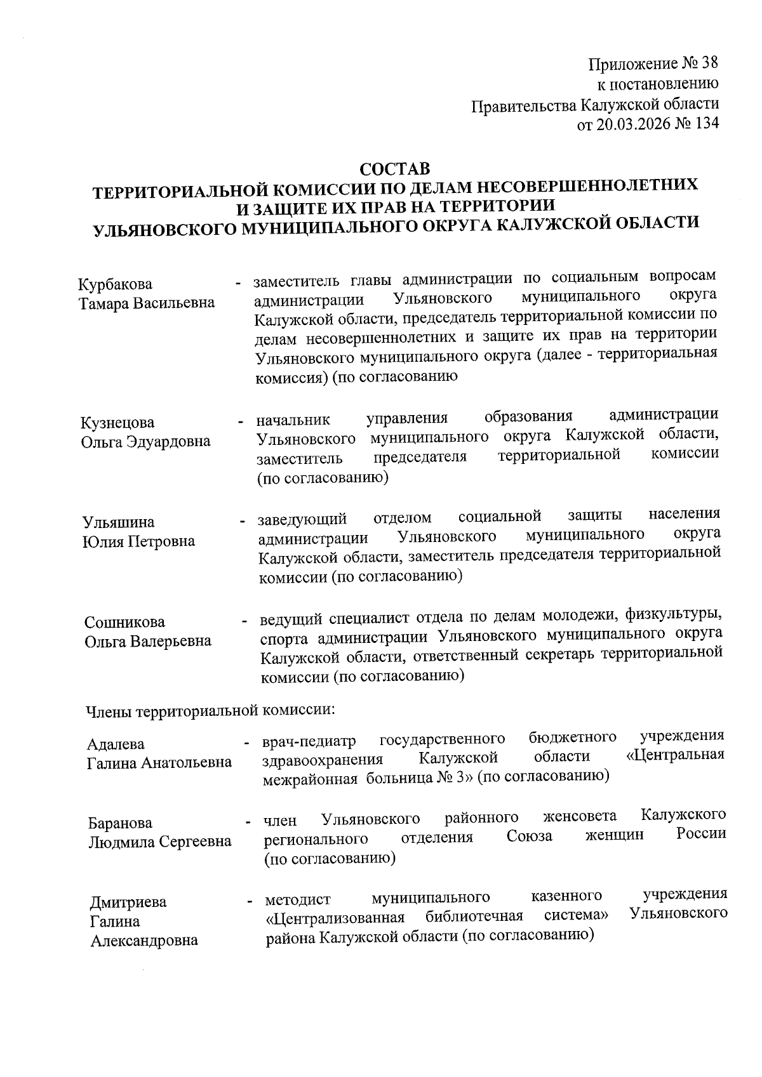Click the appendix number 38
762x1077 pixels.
tap(709, 63)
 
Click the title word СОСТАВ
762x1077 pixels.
tap(394, 169)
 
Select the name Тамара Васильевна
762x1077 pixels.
tap(147, 303)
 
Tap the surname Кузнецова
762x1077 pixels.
tap(117, 422)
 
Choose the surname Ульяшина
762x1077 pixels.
tap(118, 522)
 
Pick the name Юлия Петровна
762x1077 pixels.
tap(138, 541)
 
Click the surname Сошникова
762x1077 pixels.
tap(124, 622)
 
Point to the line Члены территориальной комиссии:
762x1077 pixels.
tap(210, 709)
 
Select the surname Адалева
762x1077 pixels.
tap(116, 743)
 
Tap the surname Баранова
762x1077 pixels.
tap(120, 823)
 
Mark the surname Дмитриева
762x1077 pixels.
tap(128, 902)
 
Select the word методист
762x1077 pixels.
tap(298, 899)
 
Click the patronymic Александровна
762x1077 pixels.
tap(144, 941)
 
